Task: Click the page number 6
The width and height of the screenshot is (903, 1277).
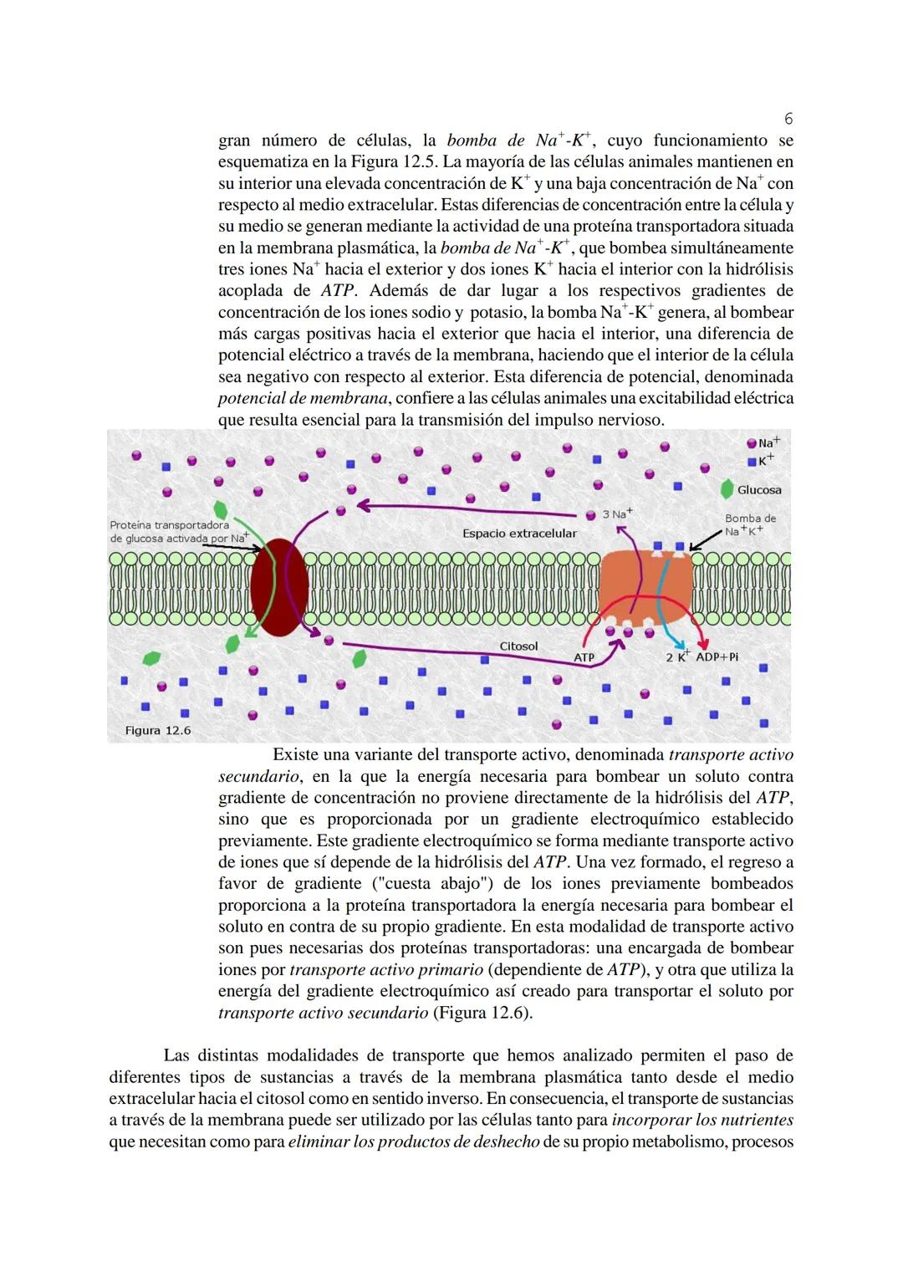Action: (x=788, y=119)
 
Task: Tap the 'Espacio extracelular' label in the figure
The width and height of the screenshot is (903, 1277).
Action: (x=519, y=533)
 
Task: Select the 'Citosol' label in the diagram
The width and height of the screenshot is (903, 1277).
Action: (x=518, y=646)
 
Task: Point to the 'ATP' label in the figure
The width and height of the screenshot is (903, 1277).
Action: (x=584, y=657)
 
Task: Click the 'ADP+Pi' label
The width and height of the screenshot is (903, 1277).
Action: (x=717, y=656)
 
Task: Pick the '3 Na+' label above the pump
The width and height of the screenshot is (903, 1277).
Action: (x=618, y=513)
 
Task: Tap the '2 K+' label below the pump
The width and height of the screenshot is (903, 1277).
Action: (x=677, y=656)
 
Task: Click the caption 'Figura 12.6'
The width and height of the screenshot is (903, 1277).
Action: (x=158, y=730)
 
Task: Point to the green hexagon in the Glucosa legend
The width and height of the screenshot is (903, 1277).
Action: (x=727, y=488)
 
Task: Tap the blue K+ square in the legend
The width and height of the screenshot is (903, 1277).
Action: (x=752, y=461)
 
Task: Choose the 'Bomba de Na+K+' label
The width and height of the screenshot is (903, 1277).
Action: (x=749, y=524)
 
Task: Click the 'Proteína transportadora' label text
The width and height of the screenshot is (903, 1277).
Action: (x=169, y=525)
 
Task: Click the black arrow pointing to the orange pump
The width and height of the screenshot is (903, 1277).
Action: (x=707, y=539)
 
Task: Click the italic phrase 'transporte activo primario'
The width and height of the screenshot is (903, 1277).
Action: (x=386, y=969)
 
